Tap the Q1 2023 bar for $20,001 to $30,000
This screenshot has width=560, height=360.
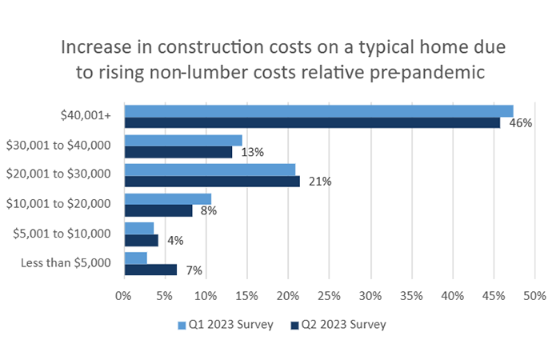(210, 170)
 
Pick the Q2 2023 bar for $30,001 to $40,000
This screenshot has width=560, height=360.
(178, 152)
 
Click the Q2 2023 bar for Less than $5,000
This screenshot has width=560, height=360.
(150, 270)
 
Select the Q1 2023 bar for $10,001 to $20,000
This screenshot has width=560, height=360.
(167, 199)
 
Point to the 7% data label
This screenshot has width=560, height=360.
(193, 270)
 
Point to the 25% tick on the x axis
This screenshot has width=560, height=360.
(329, 296)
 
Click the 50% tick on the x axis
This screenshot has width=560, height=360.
(534, 296)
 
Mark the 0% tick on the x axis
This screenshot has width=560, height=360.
(123, 296)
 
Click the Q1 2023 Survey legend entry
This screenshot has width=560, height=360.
(229, 325)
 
